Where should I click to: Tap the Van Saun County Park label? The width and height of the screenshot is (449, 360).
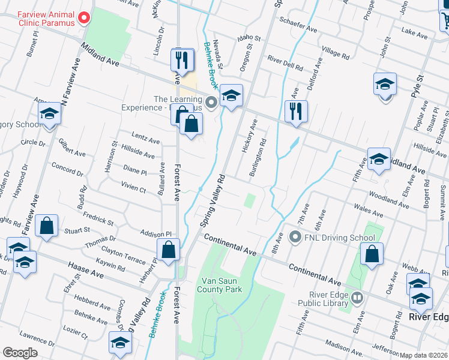220,284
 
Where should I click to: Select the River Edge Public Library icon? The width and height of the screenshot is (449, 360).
357,297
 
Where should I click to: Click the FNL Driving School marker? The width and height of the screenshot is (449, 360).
295,238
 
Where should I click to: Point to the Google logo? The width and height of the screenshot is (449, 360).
20,353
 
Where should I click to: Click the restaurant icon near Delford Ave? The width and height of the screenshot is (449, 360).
295,111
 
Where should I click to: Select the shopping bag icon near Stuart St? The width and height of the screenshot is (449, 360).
47,226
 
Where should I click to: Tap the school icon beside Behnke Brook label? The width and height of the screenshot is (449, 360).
231,95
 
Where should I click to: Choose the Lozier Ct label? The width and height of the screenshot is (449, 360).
76,329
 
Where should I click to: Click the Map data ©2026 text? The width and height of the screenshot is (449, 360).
423,355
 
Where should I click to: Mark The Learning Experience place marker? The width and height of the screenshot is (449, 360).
211,102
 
